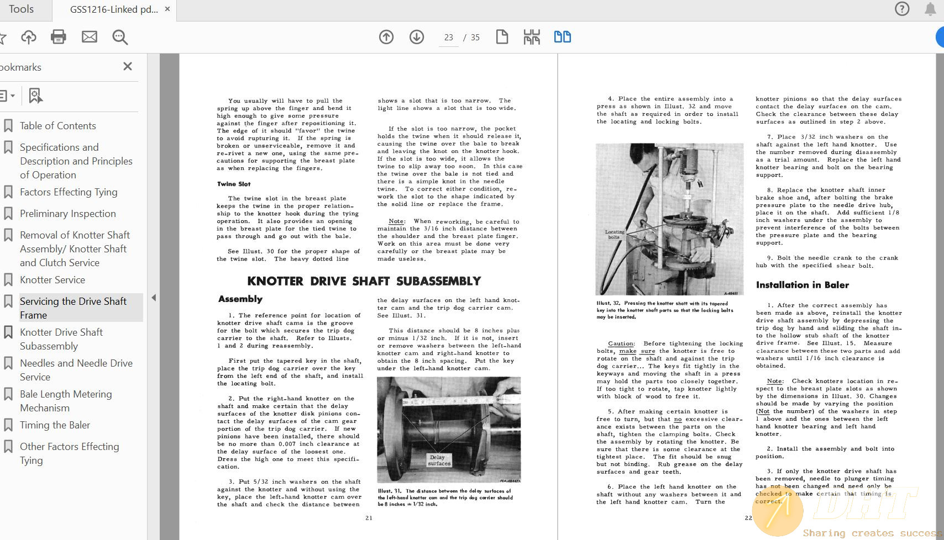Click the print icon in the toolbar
coord(58,37)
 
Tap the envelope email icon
coord(90,37)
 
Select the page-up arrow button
coord(386,37)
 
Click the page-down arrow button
coord(417,37)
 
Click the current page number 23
coord(448,38)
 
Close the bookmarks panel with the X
coord(128,66)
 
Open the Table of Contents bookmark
coord(57,126)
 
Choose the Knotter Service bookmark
coord(53,280)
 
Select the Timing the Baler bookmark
coord(55,425)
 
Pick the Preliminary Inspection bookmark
coord(67,214)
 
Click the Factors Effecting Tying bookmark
coord(69,192)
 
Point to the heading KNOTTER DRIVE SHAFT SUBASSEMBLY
coord(364,281)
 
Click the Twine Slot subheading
coord(234,184)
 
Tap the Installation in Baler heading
coord(802,285)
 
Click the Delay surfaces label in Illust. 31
coord(439,460)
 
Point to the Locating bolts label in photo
coord(614,234)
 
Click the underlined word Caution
coord(621,343)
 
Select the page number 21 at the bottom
coord(369,518)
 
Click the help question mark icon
coord(902,9)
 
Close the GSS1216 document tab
coord(167,9)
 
